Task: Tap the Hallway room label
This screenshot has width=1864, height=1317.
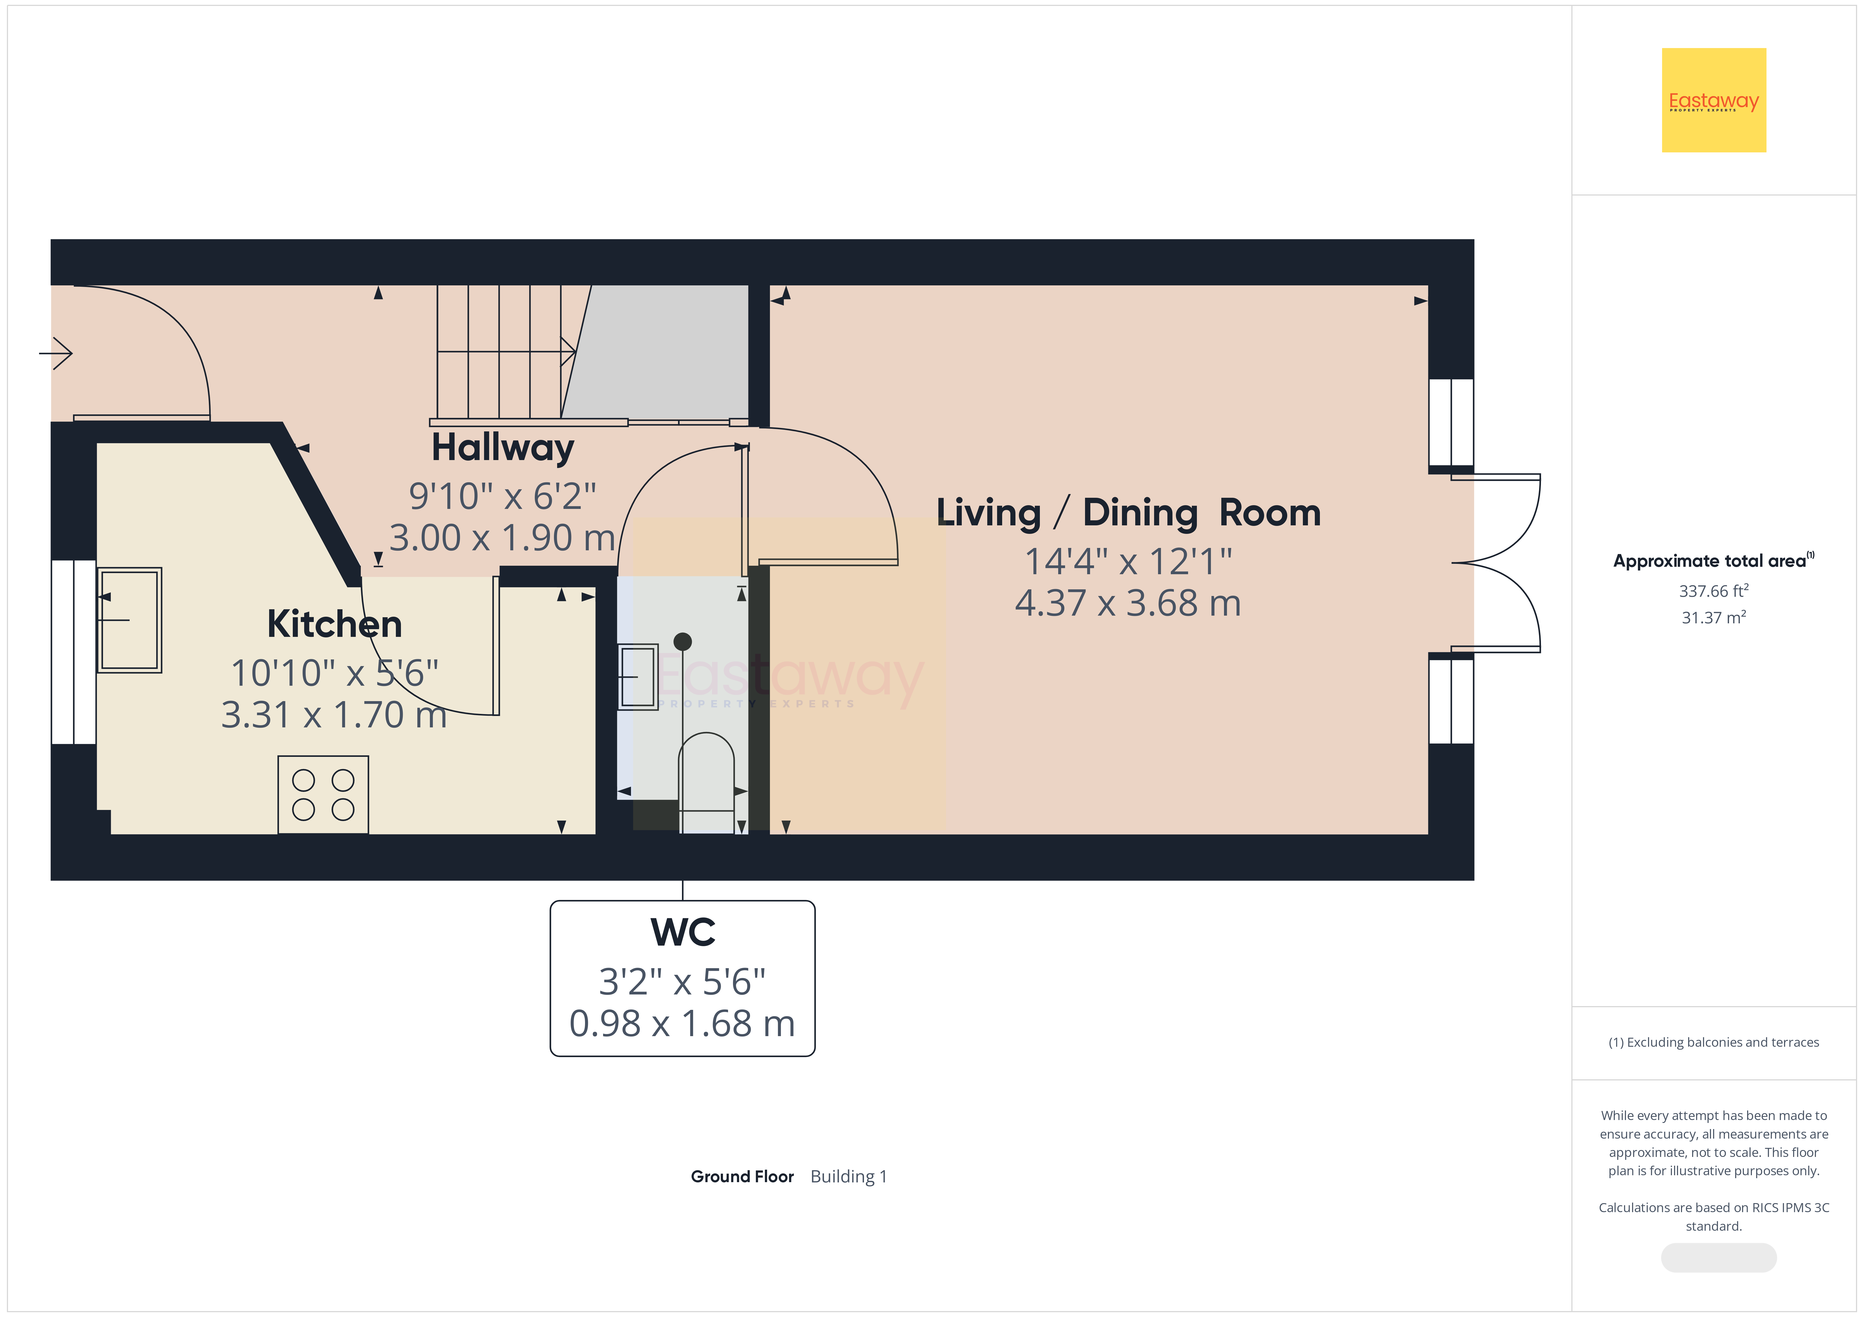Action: [x=503, y=448]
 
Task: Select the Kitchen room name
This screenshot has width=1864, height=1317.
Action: [x=334, y=624]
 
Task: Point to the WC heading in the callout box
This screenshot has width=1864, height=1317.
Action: [x=683, y=932]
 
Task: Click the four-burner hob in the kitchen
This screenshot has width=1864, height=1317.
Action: [x=323, y=794]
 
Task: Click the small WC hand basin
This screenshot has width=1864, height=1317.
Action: [x=638, y=677]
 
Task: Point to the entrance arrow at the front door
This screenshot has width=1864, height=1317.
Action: [x=56, y=353]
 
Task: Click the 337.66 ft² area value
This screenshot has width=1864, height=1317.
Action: [x=1714, y=591]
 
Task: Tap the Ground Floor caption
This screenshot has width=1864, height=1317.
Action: [x=742, y=1177]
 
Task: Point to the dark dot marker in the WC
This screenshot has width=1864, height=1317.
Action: [x=683, y=642]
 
